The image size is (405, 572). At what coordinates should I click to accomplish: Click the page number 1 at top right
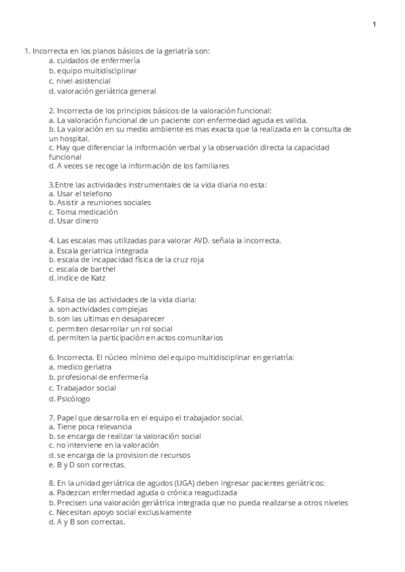[x=374, y=25]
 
